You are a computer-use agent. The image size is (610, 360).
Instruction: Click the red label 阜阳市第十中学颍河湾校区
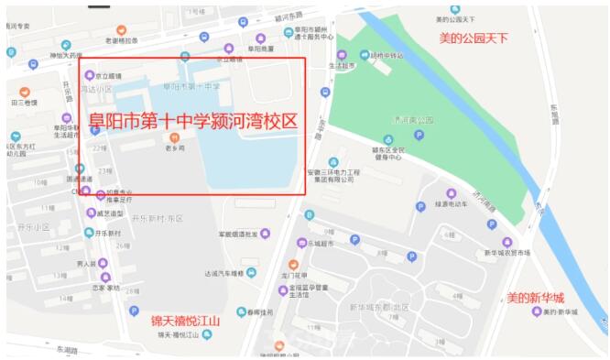click(x=193, y=121)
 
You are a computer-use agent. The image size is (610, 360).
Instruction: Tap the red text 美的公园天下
click(x=473, y=38)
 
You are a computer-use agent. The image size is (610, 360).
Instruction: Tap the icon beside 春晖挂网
click(x=242, y=312)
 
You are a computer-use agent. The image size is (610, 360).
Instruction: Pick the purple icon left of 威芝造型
click(x=91, y=213)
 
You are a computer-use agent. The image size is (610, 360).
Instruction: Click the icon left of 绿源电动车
click(x=420, y=206)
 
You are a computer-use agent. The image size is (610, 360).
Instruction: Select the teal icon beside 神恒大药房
click(x=64, y=43)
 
